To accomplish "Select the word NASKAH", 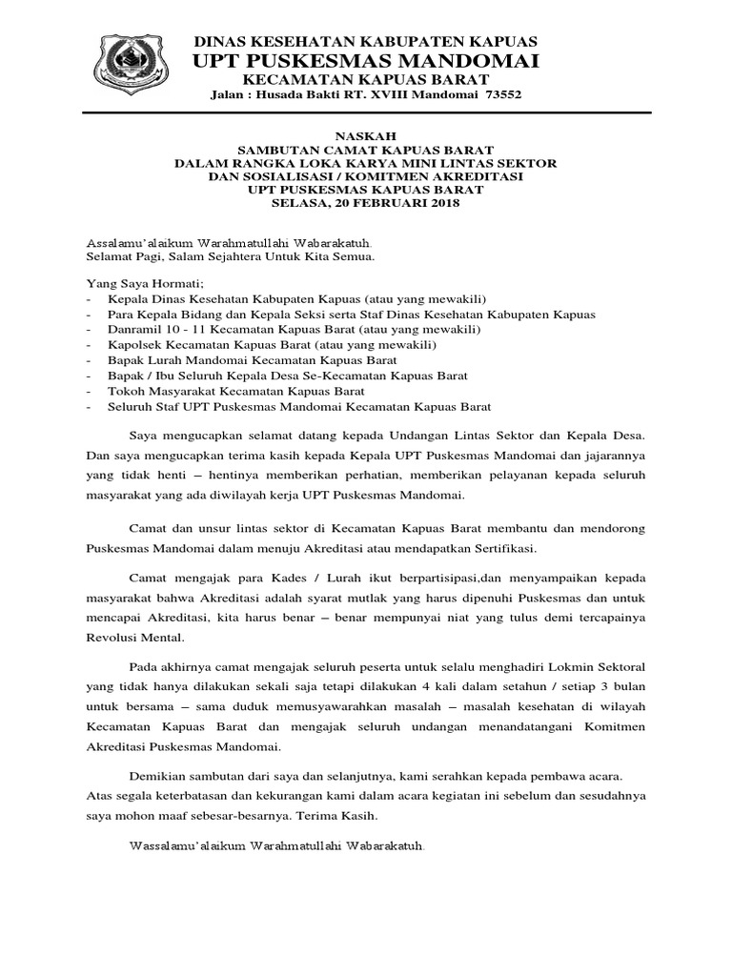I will pyautogui.click(x=366, y=136).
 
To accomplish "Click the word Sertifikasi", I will pyautogui.click(x=499, y=550).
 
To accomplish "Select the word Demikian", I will pyautogui.click(x=158, y=779).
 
